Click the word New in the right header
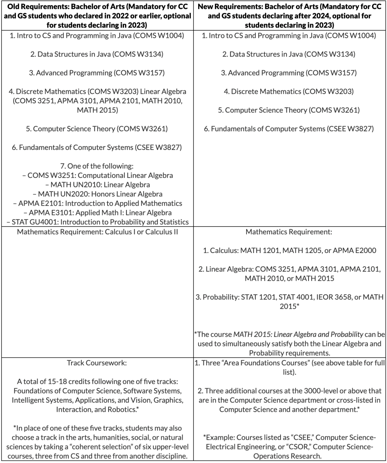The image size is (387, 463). click(x=205, y=7)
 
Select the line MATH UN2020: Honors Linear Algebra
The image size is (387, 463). click(x=97, y=194)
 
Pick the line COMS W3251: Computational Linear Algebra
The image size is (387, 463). click(x=97, y=175)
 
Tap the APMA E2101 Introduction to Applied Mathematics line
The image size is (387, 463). click(x=97, y=203)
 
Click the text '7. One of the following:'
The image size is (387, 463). click(x=97, y=166)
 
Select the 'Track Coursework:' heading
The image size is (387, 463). click(x=97, y=363)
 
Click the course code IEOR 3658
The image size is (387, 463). click(x=334, y=297)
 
